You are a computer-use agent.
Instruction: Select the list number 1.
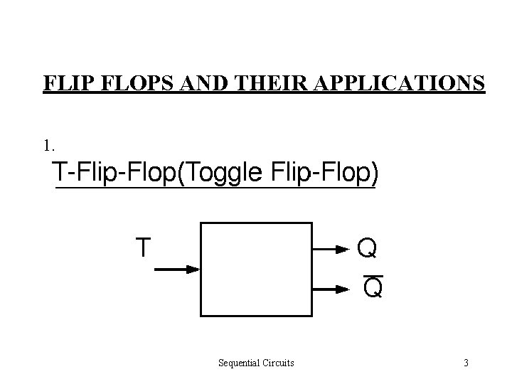coord(48,146)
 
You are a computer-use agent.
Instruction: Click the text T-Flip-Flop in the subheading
coord(114,173)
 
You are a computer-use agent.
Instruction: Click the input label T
coord(143,247)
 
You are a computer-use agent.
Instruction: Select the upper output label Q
coord(367,248)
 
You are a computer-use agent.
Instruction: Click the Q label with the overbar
coord(373,288)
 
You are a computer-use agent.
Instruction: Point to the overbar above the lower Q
coord(373,274)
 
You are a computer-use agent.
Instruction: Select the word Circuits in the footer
coord(278,363)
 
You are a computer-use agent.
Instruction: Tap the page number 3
coord(466,363)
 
